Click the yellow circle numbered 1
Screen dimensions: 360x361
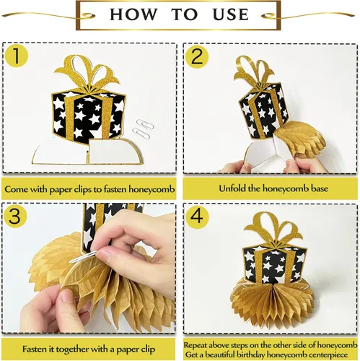pos(17,56)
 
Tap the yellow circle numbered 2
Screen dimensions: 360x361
pos(197,57)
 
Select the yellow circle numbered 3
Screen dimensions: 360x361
pos(15,216)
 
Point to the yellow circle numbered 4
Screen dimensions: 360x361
pos(197,217)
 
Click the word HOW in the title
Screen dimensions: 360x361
pos(133,14)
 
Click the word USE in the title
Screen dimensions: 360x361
pos(231,14)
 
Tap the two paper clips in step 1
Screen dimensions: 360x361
pos(144,129)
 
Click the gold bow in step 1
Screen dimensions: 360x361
pos(87,71)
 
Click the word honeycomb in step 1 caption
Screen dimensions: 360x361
pos(152,189)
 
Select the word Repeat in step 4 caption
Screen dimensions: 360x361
pos(196,345)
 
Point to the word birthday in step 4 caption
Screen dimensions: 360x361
pos(251,355)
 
